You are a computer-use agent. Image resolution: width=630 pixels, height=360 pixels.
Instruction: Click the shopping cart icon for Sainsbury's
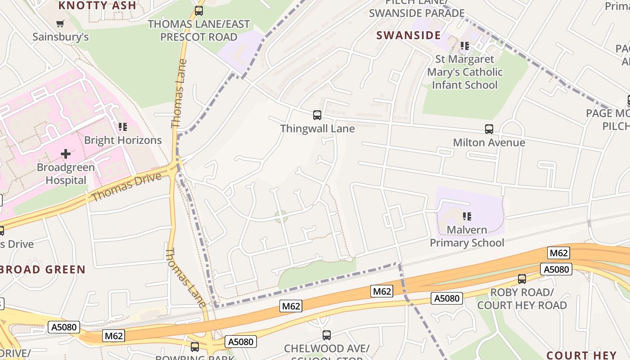[60, 23]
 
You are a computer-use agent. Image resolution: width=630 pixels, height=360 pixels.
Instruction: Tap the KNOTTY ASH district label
[97, 5]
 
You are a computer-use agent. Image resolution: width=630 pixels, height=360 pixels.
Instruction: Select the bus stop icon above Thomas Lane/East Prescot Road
[198, 11]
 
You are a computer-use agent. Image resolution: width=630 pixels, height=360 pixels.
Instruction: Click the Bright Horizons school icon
[123, 127]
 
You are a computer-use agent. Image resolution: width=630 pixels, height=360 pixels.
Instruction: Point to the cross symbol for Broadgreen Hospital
[66, 154]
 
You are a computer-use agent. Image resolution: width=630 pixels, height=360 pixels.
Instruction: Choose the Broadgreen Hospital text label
[66, 174]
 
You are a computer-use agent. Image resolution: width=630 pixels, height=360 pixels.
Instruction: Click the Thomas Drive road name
[126, 187]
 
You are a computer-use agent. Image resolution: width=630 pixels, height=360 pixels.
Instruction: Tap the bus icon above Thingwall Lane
[317, 115]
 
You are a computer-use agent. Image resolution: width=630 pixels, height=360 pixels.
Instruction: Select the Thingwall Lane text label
[317, 129]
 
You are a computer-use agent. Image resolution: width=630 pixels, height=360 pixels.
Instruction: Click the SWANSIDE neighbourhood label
[409, 36]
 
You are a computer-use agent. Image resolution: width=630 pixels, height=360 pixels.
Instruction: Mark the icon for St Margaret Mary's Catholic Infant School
[465, 46]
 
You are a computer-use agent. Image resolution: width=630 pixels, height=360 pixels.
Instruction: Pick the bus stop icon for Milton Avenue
[489, 129]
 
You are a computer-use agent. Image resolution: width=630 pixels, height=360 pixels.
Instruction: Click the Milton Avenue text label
[489, 143]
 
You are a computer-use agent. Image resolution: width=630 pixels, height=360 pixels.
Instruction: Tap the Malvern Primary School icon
[467, 216]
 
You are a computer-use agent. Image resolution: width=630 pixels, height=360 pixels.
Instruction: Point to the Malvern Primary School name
[467, 236]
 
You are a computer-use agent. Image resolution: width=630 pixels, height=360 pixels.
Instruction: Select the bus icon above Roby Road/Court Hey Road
[522, 279]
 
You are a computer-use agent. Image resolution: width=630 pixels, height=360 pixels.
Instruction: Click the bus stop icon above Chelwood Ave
[327, 335]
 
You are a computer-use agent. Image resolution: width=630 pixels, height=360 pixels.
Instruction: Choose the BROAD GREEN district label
[43, 270]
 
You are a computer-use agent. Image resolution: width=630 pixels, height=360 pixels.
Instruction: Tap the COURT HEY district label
[581, 355]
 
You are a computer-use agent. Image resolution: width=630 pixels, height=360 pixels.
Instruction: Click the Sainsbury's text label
[60, 37]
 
